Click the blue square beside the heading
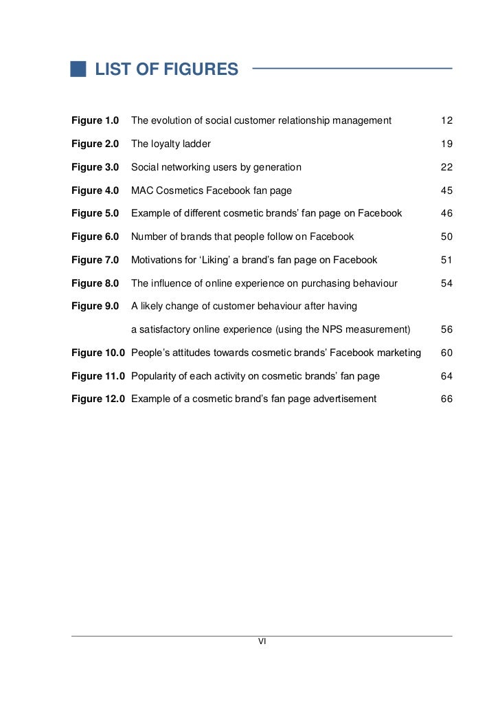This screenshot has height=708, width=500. pyautogui.click(x=78, y=69)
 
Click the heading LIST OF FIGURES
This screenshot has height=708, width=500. pyautogui.click(x=166, y=69)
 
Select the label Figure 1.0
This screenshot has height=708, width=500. pyautogui.click(x=95, y=121)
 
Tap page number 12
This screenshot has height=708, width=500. pyautogui.click(x=446, y=121)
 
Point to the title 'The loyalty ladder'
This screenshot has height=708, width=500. pyautogui.click(x=171, y=144)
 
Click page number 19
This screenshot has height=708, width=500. pyautogui.click(x=446, y=144)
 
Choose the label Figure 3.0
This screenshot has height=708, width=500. pyautogui.click(x=95, y=167)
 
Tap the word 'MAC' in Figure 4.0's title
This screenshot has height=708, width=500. pyautogui.click(x=141, y=190)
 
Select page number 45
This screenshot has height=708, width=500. pyautogui.click(x=446, y=190)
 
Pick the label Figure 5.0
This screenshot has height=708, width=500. pyautogui.click(x=95, y=214)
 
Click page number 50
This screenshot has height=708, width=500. pyautogui.click(x=446, y=237)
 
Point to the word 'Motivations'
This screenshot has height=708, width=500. pyautogui.click(x=157, y=260)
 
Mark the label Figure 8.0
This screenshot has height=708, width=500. pyautogui.click(x=95, y=283)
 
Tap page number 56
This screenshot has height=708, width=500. pyautogui.click(x=446, y=330)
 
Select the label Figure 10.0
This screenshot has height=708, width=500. pyautogui.click(x=98, y=353)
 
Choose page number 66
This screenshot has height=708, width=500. pyautogui.click(x=446, y=399)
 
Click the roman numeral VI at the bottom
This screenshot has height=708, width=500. pyautogui.click(x=262, y=642)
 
